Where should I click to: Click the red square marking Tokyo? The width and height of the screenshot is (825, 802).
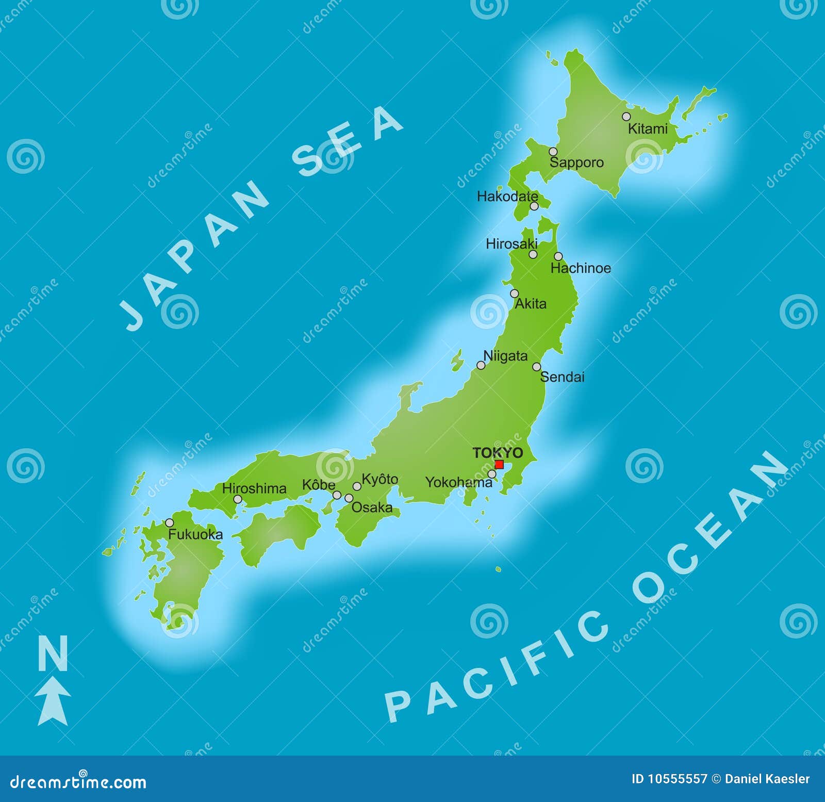coord(499,464)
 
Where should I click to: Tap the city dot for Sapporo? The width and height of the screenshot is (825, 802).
coord(553,152)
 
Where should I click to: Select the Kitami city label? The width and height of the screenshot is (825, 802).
coord(647,128)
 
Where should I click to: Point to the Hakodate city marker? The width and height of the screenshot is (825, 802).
coord(534,206)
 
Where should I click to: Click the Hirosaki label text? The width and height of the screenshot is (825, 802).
coord(511,243)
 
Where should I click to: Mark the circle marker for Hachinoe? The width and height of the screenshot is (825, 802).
coord(558,256)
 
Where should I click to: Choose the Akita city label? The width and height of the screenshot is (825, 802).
coord(531,304)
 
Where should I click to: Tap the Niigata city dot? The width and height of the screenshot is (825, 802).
coord(481,365)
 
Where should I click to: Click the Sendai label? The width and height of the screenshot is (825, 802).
coord(562,377)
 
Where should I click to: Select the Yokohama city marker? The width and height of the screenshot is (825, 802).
coord(492,474)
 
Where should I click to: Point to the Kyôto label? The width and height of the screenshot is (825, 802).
coord(379,479)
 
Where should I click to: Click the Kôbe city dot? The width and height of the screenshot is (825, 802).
coord(337,495)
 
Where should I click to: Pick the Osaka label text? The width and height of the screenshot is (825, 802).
coord(372,508)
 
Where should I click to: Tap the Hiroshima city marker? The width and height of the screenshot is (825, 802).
coord(238,499)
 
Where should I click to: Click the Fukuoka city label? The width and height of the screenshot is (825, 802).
coord(195,534)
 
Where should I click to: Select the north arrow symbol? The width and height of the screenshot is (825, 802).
coord(53,701)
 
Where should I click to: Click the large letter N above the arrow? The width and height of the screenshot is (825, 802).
coord(53,653)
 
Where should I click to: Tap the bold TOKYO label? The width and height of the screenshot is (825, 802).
coord(498,453)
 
